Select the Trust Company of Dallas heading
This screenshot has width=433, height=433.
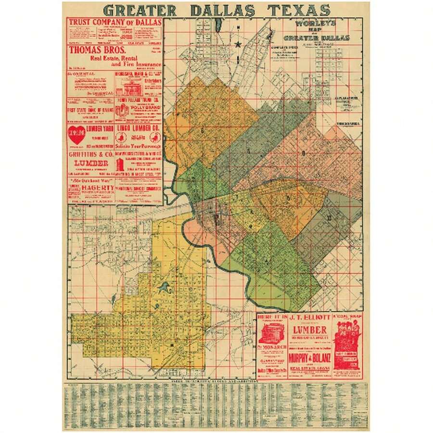[x=115, y=22]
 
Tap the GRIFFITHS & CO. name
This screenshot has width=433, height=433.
[x=91, y=155]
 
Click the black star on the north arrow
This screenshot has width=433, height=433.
[x=238, y=45]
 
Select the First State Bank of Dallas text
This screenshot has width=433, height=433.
[x=91, y=110]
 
